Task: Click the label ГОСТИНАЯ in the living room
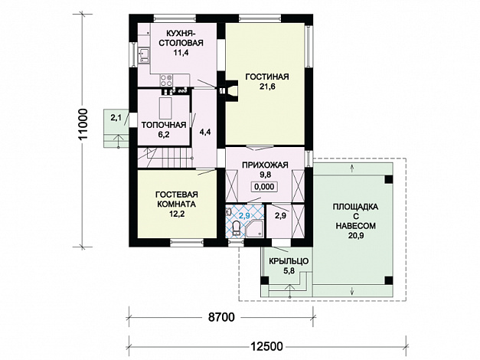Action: coord(267,77)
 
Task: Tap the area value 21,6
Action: coord(267,87)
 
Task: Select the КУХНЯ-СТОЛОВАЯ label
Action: coord(181,38)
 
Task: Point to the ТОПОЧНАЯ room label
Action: coord(164,125)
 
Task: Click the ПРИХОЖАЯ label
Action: coord(265,165)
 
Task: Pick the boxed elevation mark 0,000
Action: coord(264,187)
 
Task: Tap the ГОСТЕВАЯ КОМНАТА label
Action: coord(177,199)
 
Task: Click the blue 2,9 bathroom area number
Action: coord(244,216)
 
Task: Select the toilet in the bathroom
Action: coord(236,228)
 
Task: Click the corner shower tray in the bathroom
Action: coord(254,228)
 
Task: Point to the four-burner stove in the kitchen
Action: coord(166,80)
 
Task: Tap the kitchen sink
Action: coord(144,55)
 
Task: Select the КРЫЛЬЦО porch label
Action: coord(289,261)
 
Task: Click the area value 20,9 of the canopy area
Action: coord(356,236)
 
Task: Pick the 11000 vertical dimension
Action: coord(83,124)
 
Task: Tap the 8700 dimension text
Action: coord(221,317)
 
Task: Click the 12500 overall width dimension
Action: coord(266,346)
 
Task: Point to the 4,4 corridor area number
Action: coord(205,132)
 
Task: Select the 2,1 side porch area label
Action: coord(116,117)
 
